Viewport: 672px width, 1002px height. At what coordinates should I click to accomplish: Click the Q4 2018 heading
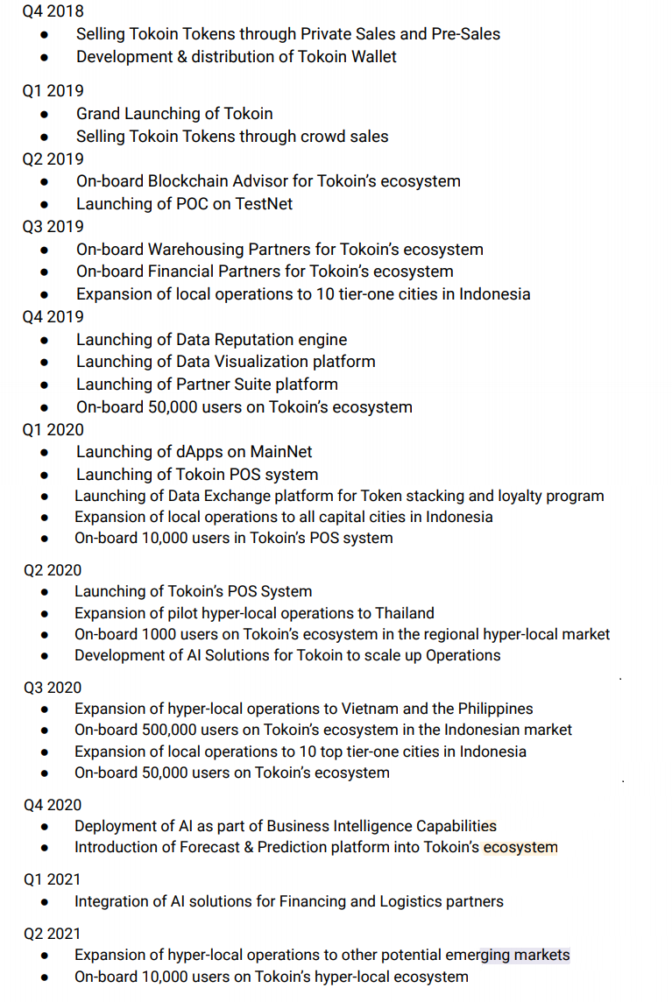(x=53, y=11)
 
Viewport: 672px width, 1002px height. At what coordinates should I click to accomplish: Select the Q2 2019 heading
(x=53, y=159)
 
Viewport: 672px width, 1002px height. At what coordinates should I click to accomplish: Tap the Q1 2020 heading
(x=53, y=429)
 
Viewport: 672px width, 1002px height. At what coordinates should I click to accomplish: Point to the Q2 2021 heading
(x=53, y=934)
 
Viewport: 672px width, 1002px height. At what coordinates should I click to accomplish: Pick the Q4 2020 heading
(x=53, y=805)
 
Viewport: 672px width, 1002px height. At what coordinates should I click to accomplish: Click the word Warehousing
(x=196, y=250)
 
